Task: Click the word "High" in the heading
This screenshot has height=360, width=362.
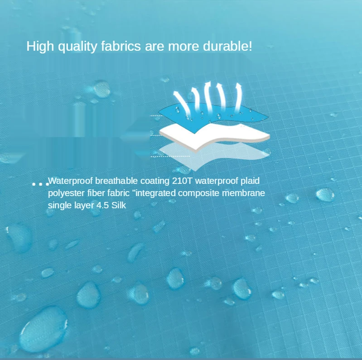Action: pyautogui.click(x=40, y=46)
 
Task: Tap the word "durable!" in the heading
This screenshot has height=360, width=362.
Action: pyautogui.click(x=227, y=46)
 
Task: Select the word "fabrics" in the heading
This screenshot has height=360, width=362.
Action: pyautogui.click(x=121, y=46)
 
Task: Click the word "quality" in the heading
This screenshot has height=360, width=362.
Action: pyautogui.click(x=77, y=47)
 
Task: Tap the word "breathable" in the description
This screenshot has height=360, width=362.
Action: pyautogui.click(x=116, y=181)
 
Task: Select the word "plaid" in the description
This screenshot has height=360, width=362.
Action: pyautogui.click(x=250, y=181)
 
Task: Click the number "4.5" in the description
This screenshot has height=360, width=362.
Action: pyautogui.click(x=102, y=206)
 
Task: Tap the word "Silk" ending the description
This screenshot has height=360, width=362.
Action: pyautogui.click(x=119, y=205)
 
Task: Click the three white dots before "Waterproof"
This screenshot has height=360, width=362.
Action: pyautogui.click(x=41, y=184)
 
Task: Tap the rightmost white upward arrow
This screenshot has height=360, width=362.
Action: pyautogui.click(x=238, y=97)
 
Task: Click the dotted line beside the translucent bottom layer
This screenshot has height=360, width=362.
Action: pyautogui.click(x=170, y=156)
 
